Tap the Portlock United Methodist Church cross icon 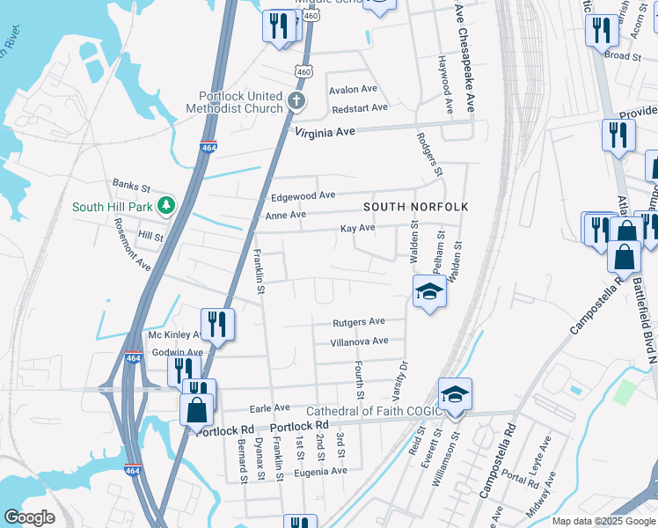(297, 100)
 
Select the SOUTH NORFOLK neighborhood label (416, 207)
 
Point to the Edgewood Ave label (303, 195)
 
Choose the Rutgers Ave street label (359, 322)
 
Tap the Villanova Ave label (359, 341)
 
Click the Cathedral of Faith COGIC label (372, 412)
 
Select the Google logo (29, 517)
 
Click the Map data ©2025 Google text (603, 521)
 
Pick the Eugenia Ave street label (321, 472)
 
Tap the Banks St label (132, 185)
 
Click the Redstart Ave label (359, 108)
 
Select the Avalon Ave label (353, 90)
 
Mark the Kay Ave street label (358, 229)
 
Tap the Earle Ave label (270, 408)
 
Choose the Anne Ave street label (286, 215)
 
